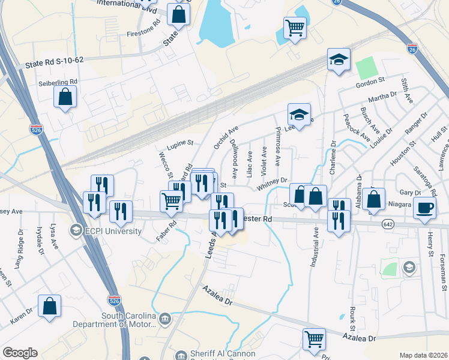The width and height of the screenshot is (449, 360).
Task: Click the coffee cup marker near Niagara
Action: (x=425, y=208)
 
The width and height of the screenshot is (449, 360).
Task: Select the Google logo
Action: (x=20, y=353)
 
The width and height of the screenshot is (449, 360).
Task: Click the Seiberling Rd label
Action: (x=58, y=82)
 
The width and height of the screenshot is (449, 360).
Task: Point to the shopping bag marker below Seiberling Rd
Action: (x=65, y=97)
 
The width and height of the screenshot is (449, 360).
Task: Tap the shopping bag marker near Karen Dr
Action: (x=49, y=305)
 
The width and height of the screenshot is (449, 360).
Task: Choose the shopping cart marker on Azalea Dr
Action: (x=314, y=339)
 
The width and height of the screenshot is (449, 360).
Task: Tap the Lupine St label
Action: (x=180, y=144)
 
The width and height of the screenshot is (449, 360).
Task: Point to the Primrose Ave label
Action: (x=277, y=147)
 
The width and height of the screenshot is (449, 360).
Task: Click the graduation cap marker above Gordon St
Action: (x=339, y=60)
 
